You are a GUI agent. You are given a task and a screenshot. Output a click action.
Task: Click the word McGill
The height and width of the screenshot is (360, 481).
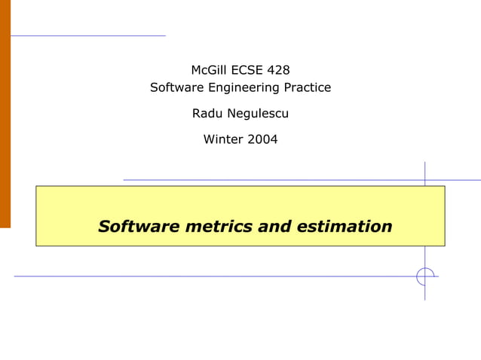pos(207,70)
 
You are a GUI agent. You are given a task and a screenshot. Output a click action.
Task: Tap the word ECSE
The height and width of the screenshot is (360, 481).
pos(247,70)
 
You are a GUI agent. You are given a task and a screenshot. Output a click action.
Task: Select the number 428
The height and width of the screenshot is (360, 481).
pos(278,70)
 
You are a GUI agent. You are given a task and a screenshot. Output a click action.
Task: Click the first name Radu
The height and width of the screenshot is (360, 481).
pos(207,114)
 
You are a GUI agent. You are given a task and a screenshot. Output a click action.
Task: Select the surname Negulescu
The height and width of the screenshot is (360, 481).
pos(258,114)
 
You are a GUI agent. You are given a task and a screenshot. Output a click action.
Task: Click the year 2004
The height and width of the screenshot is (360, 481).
pos(262,139)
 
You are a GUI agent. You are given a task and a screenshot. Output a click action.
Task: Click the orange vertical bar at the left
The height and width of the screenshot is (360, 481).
pos(5,113)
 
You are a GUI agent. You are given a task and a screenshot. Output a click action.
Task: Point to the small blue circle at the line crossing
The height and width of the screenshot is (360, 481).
pos(426,276)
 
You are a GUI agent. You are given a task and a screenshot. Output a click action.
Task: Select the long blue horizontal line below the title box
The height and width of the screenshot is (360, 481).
pos(211,276)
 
